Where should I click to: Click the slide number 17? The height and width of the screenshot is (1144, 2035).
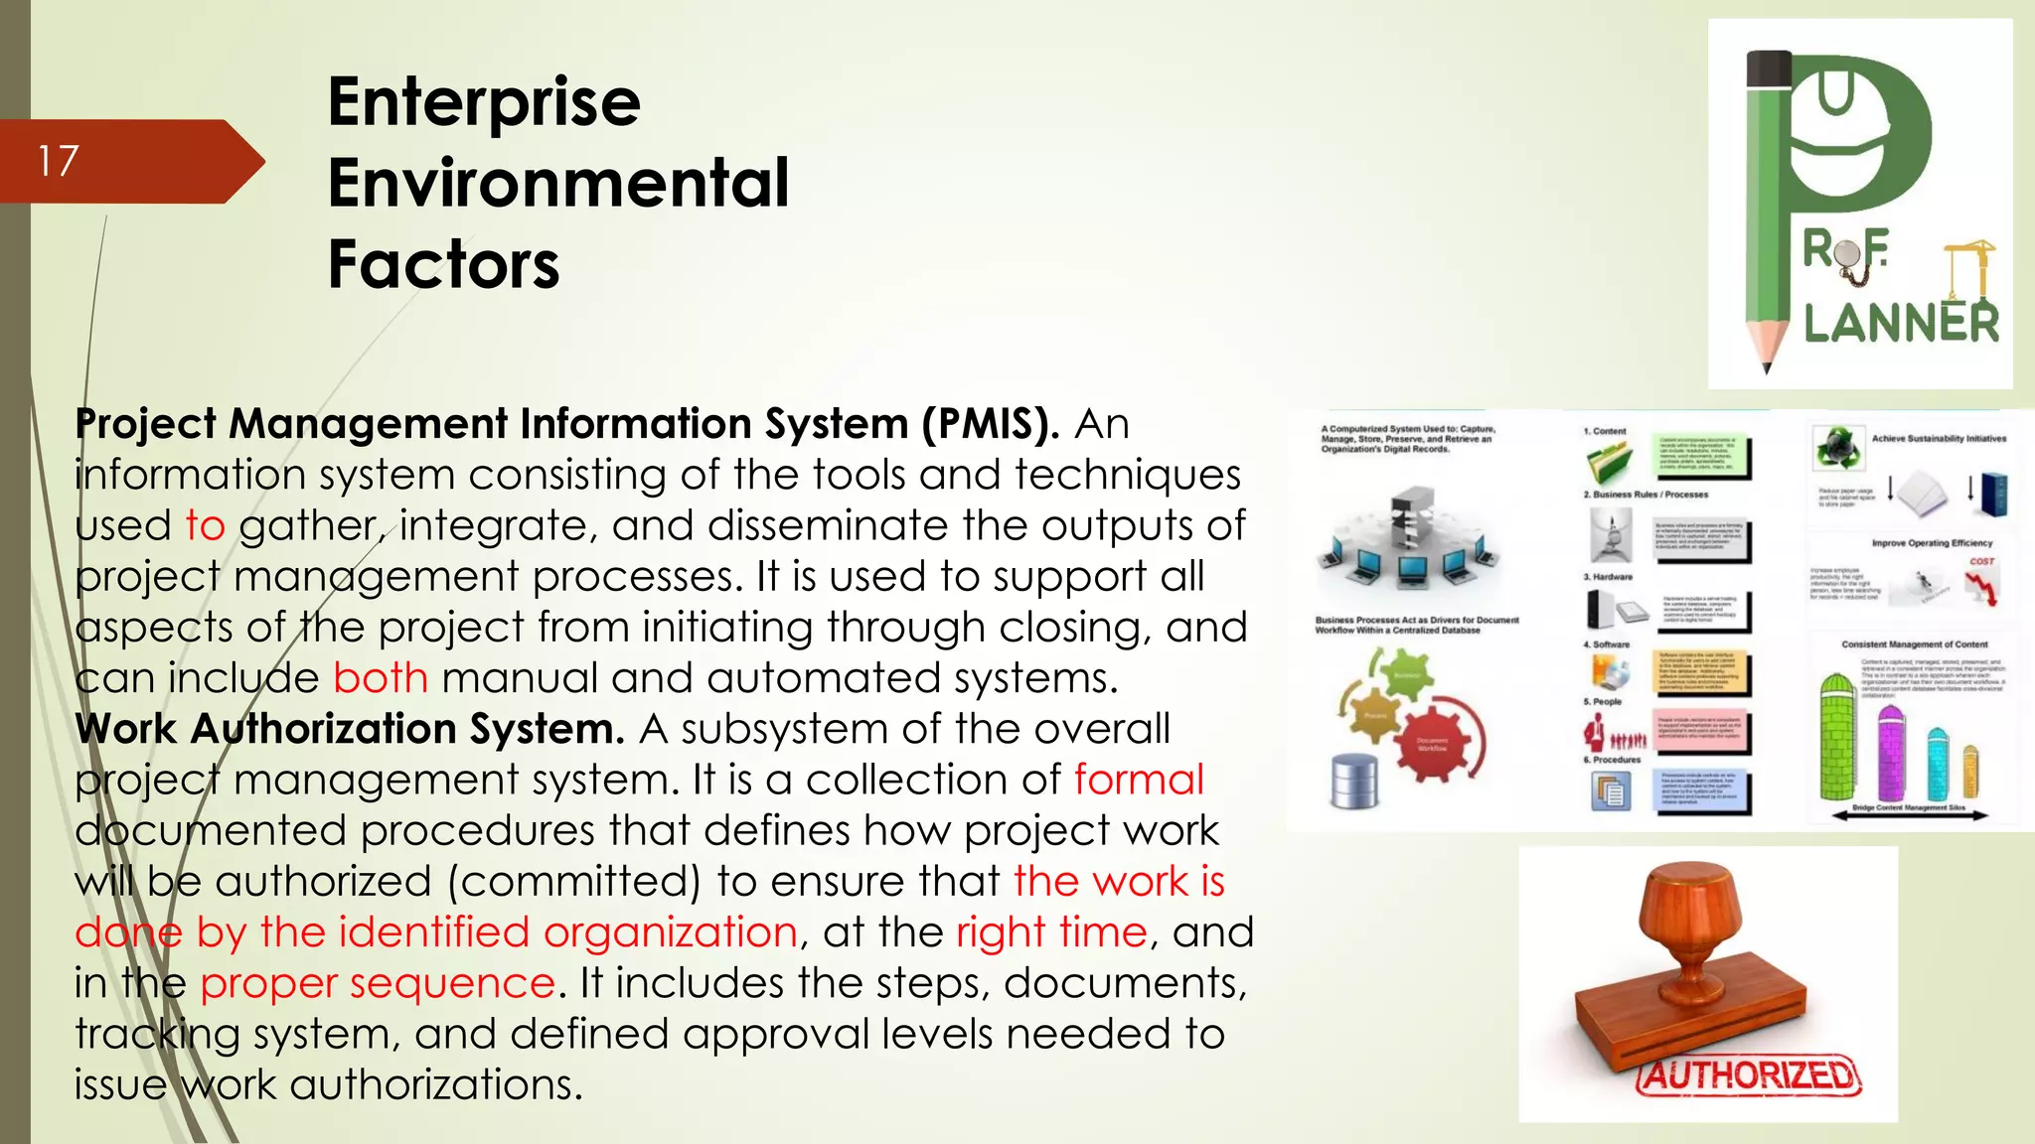[58, 161]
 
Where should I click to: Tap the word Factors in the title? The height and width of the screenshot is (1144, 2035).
[443, 264]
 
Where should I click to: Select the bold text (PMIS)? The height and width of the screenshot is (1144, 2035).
[990, 424]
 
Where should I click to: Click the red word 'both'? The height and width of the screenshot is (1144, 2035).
[381, 678]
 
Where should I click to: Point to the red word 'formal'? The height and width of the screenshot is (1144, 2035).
[1139, 780]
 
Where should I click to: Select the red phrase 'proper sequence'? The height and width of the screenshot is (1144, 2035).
[377, 983]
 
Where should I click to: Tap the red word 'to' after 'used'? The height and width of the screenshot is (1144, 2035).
[205, 525]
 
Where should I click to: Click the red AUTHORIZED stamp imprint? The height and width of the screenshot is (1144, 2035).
[1749, 1075]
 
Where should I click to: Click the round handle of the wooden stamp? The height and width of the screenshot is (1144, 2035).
[1705, 899]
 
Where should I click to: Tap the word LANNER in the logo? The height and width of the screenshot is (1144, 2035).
[1900, 324]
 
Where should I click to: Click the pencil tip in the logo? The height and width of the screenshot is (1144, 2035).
[1766, 361]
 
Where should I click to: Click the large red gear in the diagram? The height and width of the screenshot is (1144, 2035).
[1429, 740]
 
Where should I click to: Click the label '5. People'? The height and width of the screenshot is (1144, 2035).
[1602, 701]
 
